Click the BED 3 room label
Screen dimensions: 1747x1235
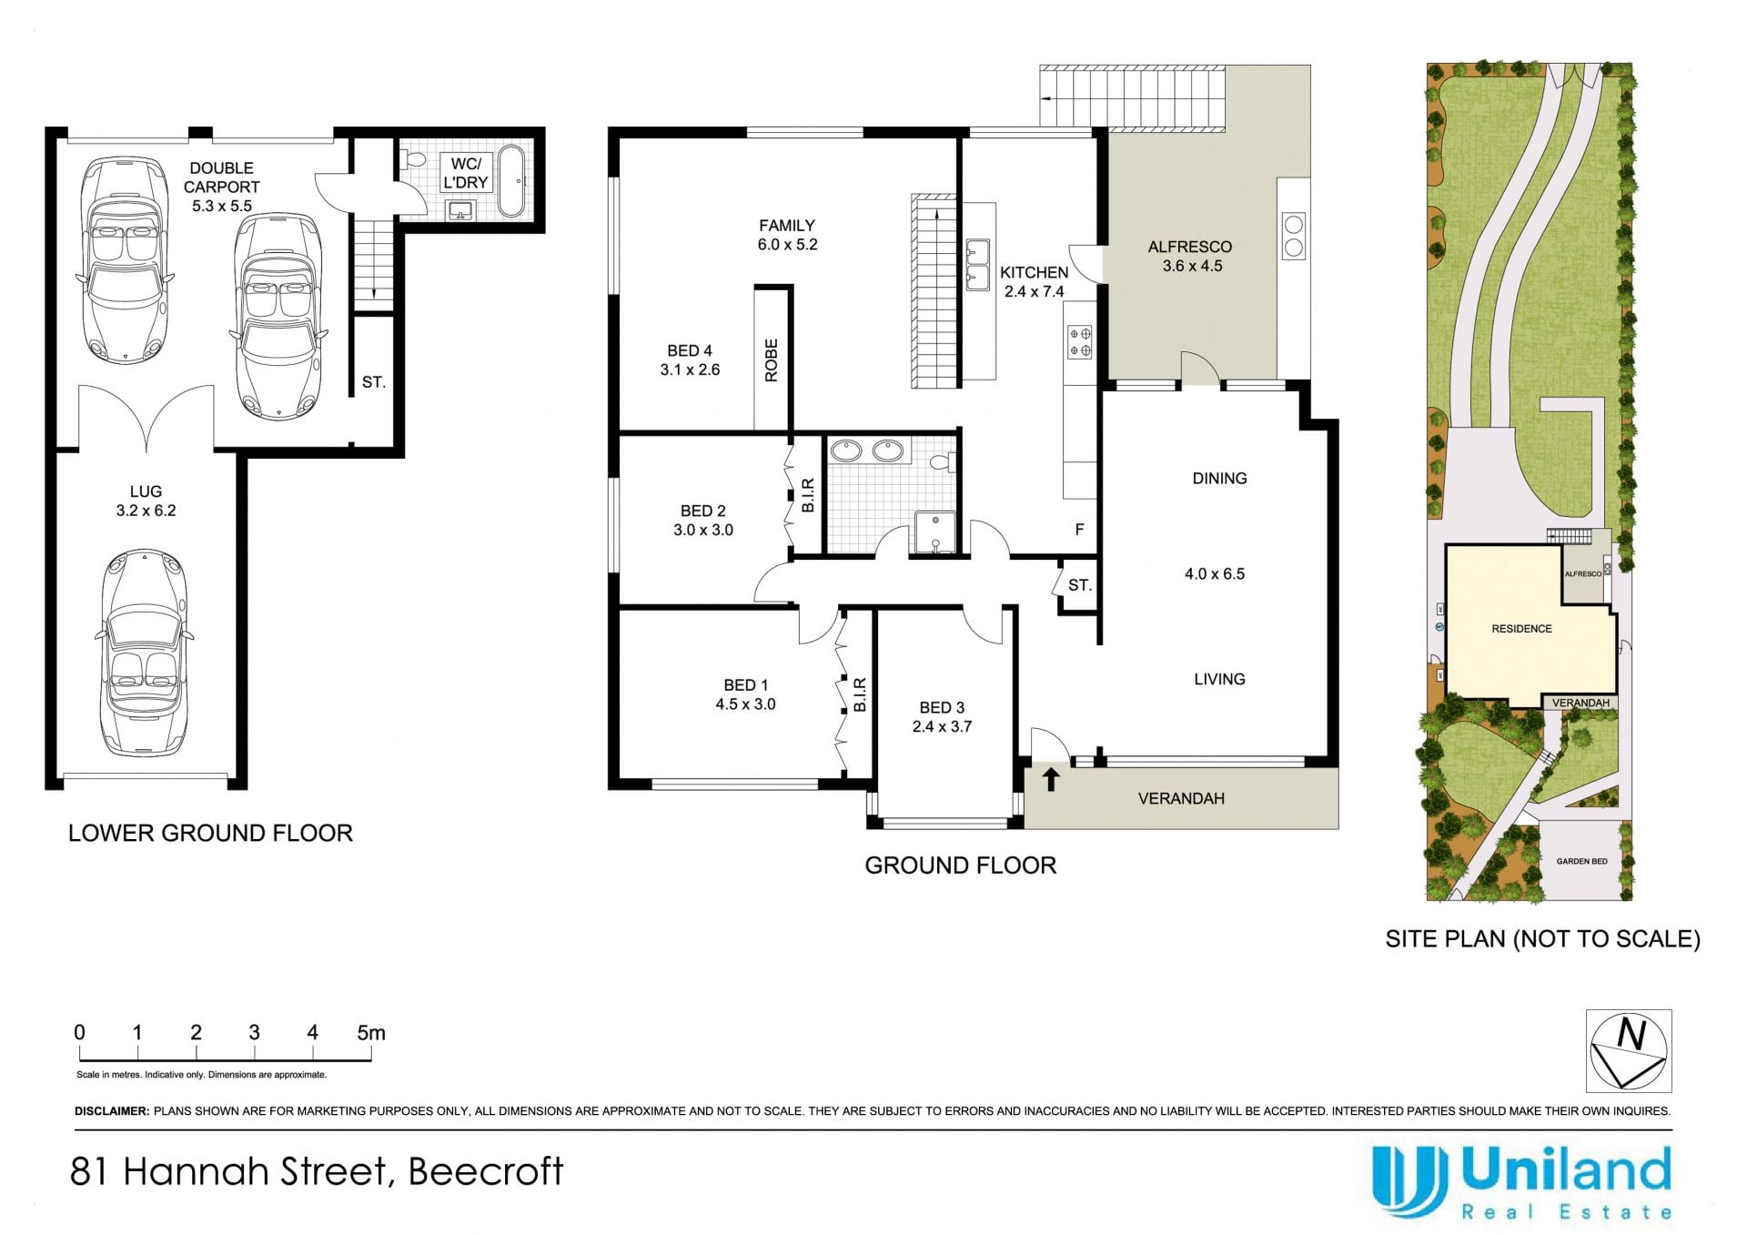[942, 707]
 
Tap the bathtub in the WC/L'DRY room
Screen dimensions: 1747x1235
[511, 180]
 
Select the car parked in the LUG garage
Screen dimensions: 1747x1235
[145, 653]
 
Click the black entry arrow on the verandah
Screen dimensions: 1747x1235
[1051, 779]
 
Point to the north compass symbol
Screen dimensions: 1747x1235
[1629, 1051]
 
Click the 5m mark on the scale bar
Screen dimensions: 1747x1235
[371, 1033]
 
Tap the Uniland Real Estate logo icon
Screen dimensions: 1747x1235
[1409, 1180]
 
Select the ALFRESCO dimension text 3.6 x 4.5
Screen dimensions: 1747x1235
[1192, 266]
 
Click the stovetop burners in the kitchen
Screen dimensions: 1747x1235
[1080, 342]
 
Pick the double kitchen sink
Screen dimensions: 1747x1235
[977, 264]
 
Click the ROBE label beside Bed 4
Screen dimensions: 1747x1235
[772, 360]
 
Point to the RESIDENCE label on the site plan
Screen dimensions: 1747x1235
[1521, 629]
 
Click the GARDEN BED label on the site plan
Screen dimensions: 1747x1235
[1581, 861]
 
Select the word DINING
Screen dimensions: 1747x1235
[1219, 478]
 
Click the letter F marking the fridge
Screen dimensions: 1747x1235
[1080, 530]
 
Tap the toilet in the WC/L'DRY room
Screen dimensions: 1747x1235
[414, 160]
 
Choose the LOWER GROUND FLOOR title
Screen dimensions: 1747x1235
[210, 833]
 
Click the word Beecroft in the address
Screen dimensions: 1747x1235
[486, 1171]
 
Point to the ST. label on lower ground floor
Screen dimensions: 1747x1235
[373, 382]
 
